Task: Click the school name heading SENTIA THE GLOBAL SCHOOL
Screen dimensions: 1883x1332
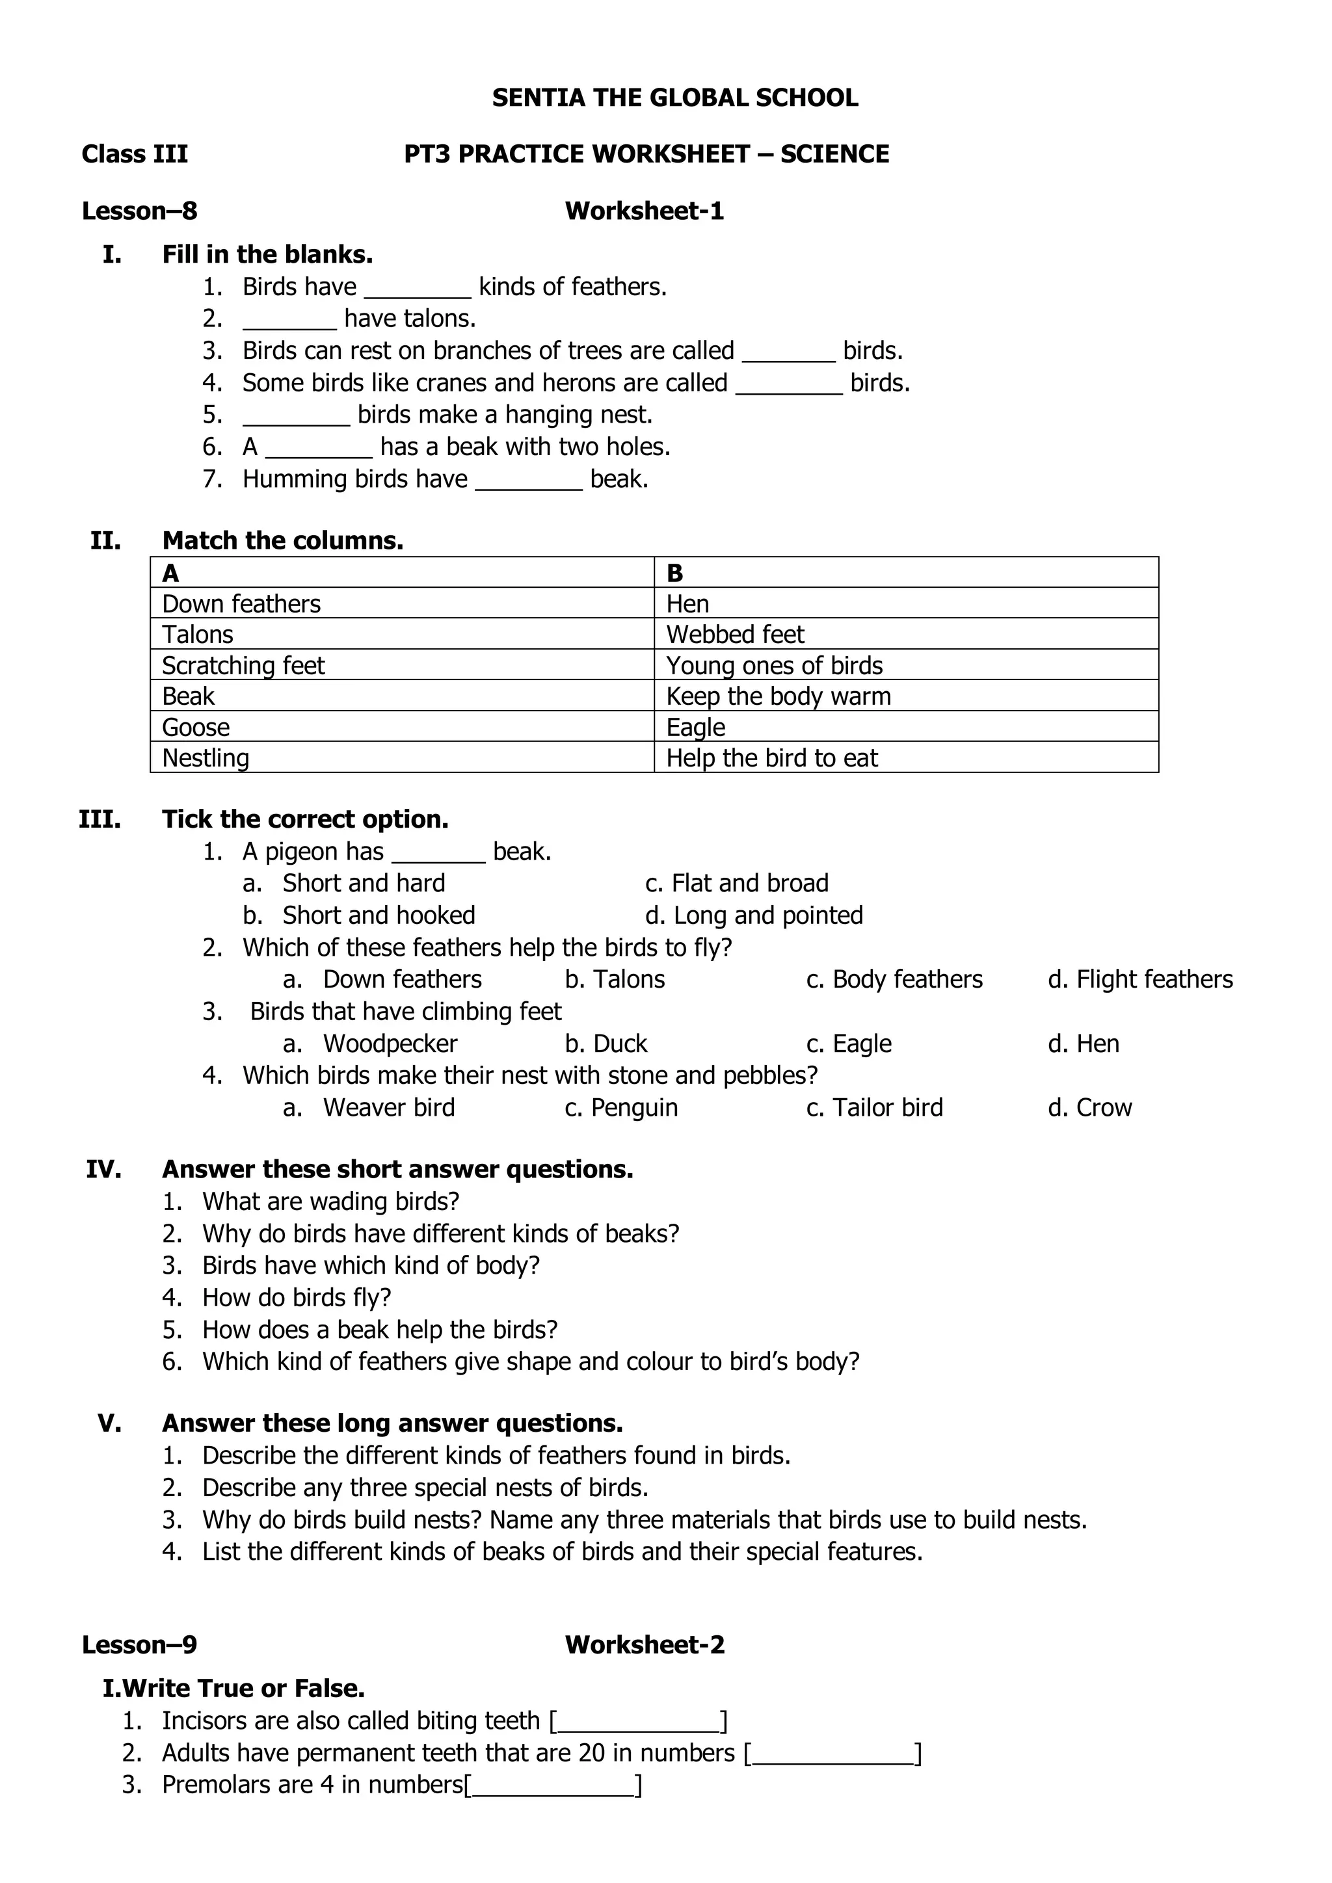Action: (674, 98)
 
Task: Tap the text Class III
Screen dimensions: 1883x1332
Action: (135, 154)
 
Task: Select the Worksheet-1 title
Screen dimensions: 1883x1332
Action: (644, 211)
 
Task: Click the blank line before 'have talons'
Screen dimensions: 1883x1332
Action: (289, 321)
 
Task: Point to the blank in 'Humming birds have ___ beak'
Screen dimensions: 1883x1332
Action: (528, 481)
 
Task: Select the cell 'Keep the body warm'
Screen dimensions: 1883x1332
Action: (778, 696)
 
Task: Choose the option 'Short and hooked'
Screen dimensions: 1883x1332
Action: (378, 915)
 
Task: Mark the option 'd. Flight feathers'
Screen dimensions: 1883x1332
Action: (1139, 979)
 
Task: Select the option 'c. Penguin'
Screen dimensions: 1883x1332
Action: (621, 1108)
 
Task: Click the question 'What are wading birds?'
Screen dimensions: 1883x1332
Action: (330, 1202)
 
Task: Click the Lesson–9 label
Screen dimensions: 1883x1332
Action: (139, 1644)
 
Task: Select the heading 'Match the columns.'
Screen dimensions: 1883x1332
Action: (282, 540)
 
